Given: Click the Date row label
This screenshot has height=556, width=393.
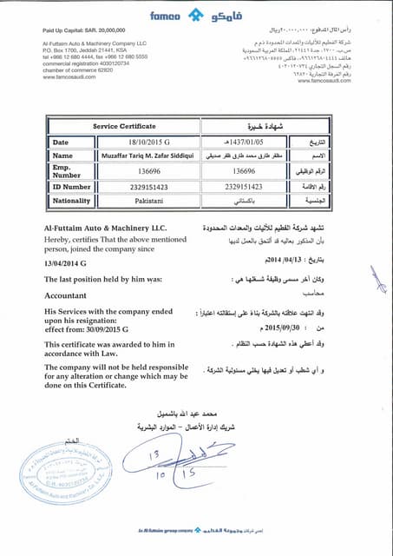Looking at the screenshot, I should tap(60, 141).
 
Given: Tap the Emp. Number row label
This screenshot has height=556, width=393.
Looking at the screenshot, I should tap(66, 171).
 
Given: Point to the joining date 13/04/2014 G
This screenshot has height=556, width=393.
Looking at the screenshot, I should tap(75, 261).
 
